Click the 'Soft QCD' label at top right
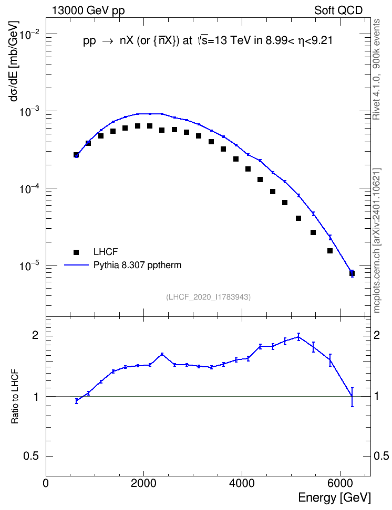pyautogui.click(x=338, y=10)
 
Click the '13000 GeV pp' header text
pyautogui.click(x=88, y=10)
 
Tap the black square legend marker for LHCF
pyautogui.click(x=76, y=252)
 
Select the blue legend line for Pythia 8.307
pyautogui.click(x=77, y=265)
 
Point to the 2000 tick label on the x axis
pyautogui.click(x=143, y=483)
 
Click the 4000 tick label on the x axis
pyautogui.click(x=242, y=483)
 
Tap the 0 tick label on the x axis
pyautogui.click(x=46, y=483)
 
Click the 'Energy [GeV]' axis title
pyautogui.click(x=334, y=497)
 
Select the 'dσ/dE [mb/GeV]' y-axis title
pyautogui.click(x=14, y=61)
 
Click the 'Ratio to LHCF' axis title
pyautogui.click(x=15, y=396)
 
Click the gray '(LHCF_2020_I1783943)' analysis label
pyautogui.click(x=208, y=297)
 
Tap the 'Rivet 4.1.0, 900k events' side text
pyautogui.click(x=376, y=69)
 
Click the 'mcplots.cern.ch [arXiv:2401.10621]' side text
pyautogui.click(x=377, y=240)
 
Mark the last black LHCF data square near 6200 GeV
pyautogui.click(x=352, y=273)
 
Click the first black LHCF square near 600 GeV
pyautogui.click(x=76, y=155)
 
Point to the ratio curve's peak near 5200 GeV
pyautogui.click(x=298, y=337)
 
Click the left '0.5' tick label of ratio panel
pyautogui.click(x=31, y=456)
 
